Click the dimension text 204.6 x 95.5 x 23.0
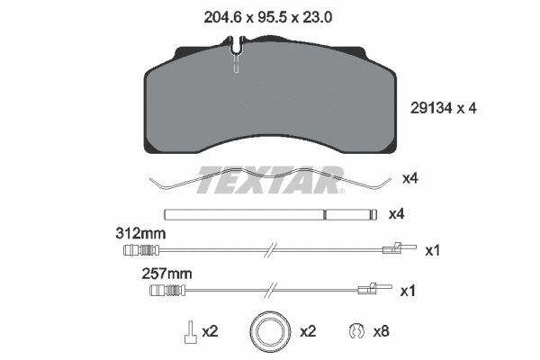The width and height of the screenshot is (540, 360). point(269,15)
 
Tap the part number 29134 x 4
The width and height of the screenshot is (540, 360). point(436,108)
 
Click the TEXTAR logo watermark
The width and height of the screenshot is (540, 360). point(269,180)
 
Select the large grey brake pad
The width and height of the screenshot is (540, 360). point(269,103)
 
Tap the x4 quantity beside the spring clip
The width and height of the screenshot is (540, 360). point(409,178)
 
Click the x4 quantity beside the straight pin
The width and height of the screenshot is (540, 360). point(395,215)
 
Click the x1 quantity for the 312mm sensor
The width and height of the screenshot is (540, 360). point(431,250)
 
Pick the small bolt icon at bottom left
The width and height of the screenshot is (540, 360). point(190,332)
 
